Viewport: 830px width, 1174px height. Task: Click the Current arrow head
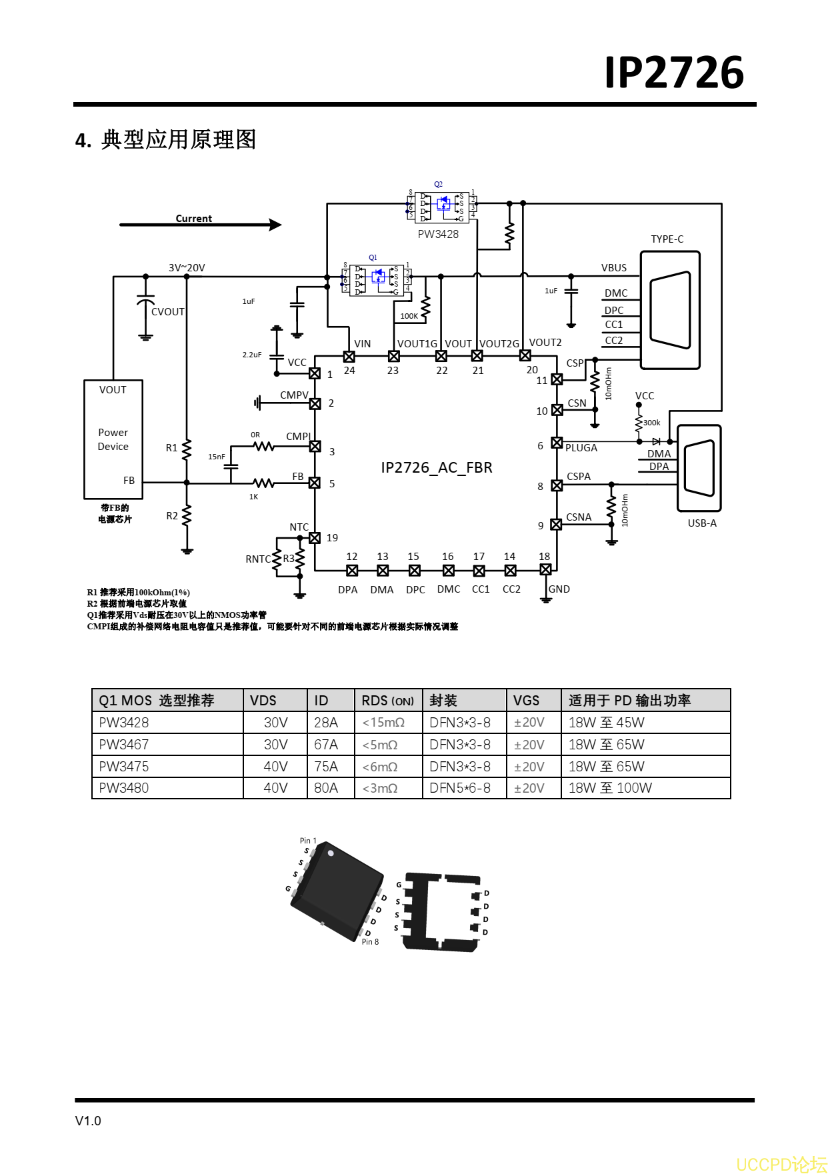[x=275, y=225]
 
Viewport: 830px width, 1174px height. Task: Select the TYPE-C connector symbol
[x=669, y=310]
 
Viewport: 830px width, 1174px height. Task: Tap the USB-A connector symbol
[x=699, y=468]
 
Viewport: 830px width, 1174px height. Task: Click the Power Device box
[x=113, y=439]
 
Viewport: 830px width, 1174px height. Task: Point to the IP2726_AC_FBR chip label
[x=436, y=467]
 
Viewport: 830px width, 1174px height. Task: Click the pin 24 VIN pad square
[x=349, y=356]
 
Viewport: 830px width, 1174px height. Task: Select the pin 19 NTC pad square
[x=315, y=537]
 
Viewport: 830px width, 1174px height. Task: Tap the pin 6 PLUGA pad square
[x=557, y=443]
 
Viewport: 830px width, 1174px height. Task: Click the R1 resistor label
[x=171, y=448]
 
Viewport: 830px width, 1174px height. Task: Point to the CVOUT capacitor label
[x=167, y=311]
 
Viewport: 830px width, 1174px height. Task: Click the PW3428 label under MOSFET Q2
[x=438, y=234]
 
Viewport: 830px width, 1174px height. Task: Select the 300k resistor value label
[x=651, y=423]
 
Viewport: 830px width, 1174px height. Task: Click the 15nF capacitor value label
[x=216, y=457]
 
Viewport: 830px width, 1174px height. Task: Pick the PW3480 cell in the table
[x=124, y=788]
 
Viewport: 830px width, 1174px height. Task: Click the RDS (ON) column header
[x=387, y=701]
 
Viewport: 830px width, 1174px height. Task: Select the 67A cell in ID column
[x=326, y=745]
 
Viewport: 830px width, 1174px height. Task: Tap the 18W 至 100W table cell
[x=610, y=788]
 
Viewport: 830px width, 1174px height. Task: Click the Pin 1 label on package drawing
[x=308, y=841]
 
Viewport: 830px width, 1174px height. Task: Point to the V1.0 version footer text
[x=88, y=1121]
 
